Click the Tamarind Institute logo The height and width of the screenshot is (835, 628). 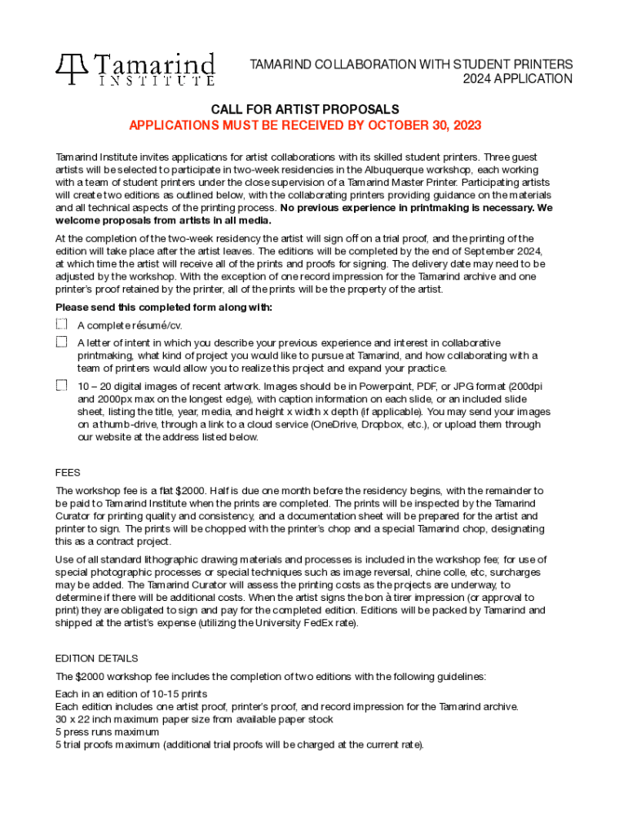tap(135, 69)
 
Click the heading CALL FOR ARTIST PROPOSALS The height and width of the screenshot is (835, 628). tap(305, 109)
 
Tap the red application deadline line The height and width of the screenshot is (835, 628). tap(305, 126)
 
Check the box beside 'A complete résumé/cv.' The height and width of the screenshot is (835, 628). tap(61, 325)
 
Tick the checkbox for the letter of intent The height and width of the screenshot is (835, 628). tap(61, 342)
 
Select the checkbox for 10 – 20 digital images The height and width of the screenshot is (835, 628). tap(61, 385)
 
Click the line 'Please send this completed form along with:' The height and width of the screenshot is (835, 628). tap(163, 307)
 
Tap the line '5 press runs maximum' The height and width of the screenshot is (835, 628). tap(106, 732)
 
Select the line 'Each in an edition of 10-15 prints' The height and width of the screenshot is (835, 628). tap(130, 694)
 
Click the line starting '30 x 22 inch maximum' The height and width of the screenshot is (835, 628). tap(193, 719)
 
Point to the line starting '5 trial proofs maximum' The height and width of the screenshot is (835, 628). tap(239, 744)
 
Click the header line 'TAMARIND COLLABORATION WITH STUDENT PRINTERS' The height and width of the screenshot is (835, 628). tap(410, 64)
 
